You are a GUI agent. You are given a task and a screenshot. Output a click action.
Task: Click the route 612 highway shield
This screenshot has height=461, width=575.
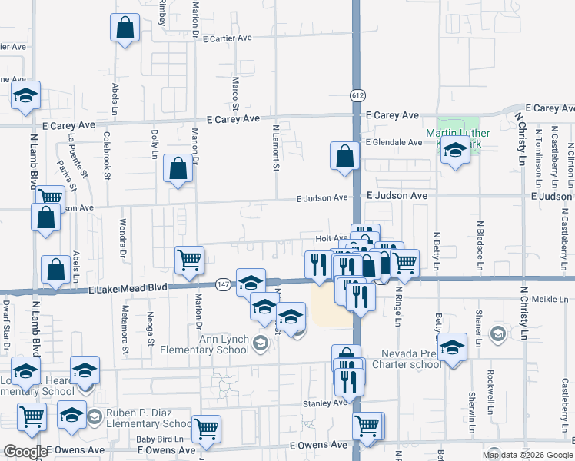pos(360,95)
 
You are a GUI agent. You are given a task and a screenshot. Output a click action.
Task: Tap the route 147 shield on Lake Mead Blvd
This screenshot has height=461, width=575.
pos(222,284)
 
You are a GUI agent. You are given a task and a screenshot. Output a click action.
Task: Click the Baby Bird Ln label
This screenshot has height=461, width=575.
pos(157,439)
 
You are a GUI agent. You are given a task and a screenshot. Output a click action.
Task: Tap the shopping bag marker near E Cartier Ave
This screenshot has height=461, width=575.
pos(125,29)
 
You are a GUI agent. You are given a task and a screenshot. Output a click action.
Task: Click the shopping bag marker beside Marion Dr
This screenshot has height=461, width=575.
pos(178,168)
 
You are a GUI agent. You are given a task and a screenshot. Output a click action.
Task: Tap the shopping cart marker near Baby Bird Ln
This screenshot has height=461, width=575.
pos(206,429)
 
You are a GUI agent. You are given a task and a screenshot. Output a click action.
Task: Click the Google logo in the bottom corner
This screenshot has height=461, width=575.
pos(25,452)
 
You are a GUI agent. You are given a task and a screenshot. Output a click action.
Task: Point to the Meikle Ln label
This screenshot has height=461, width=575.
pos(553,300)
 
